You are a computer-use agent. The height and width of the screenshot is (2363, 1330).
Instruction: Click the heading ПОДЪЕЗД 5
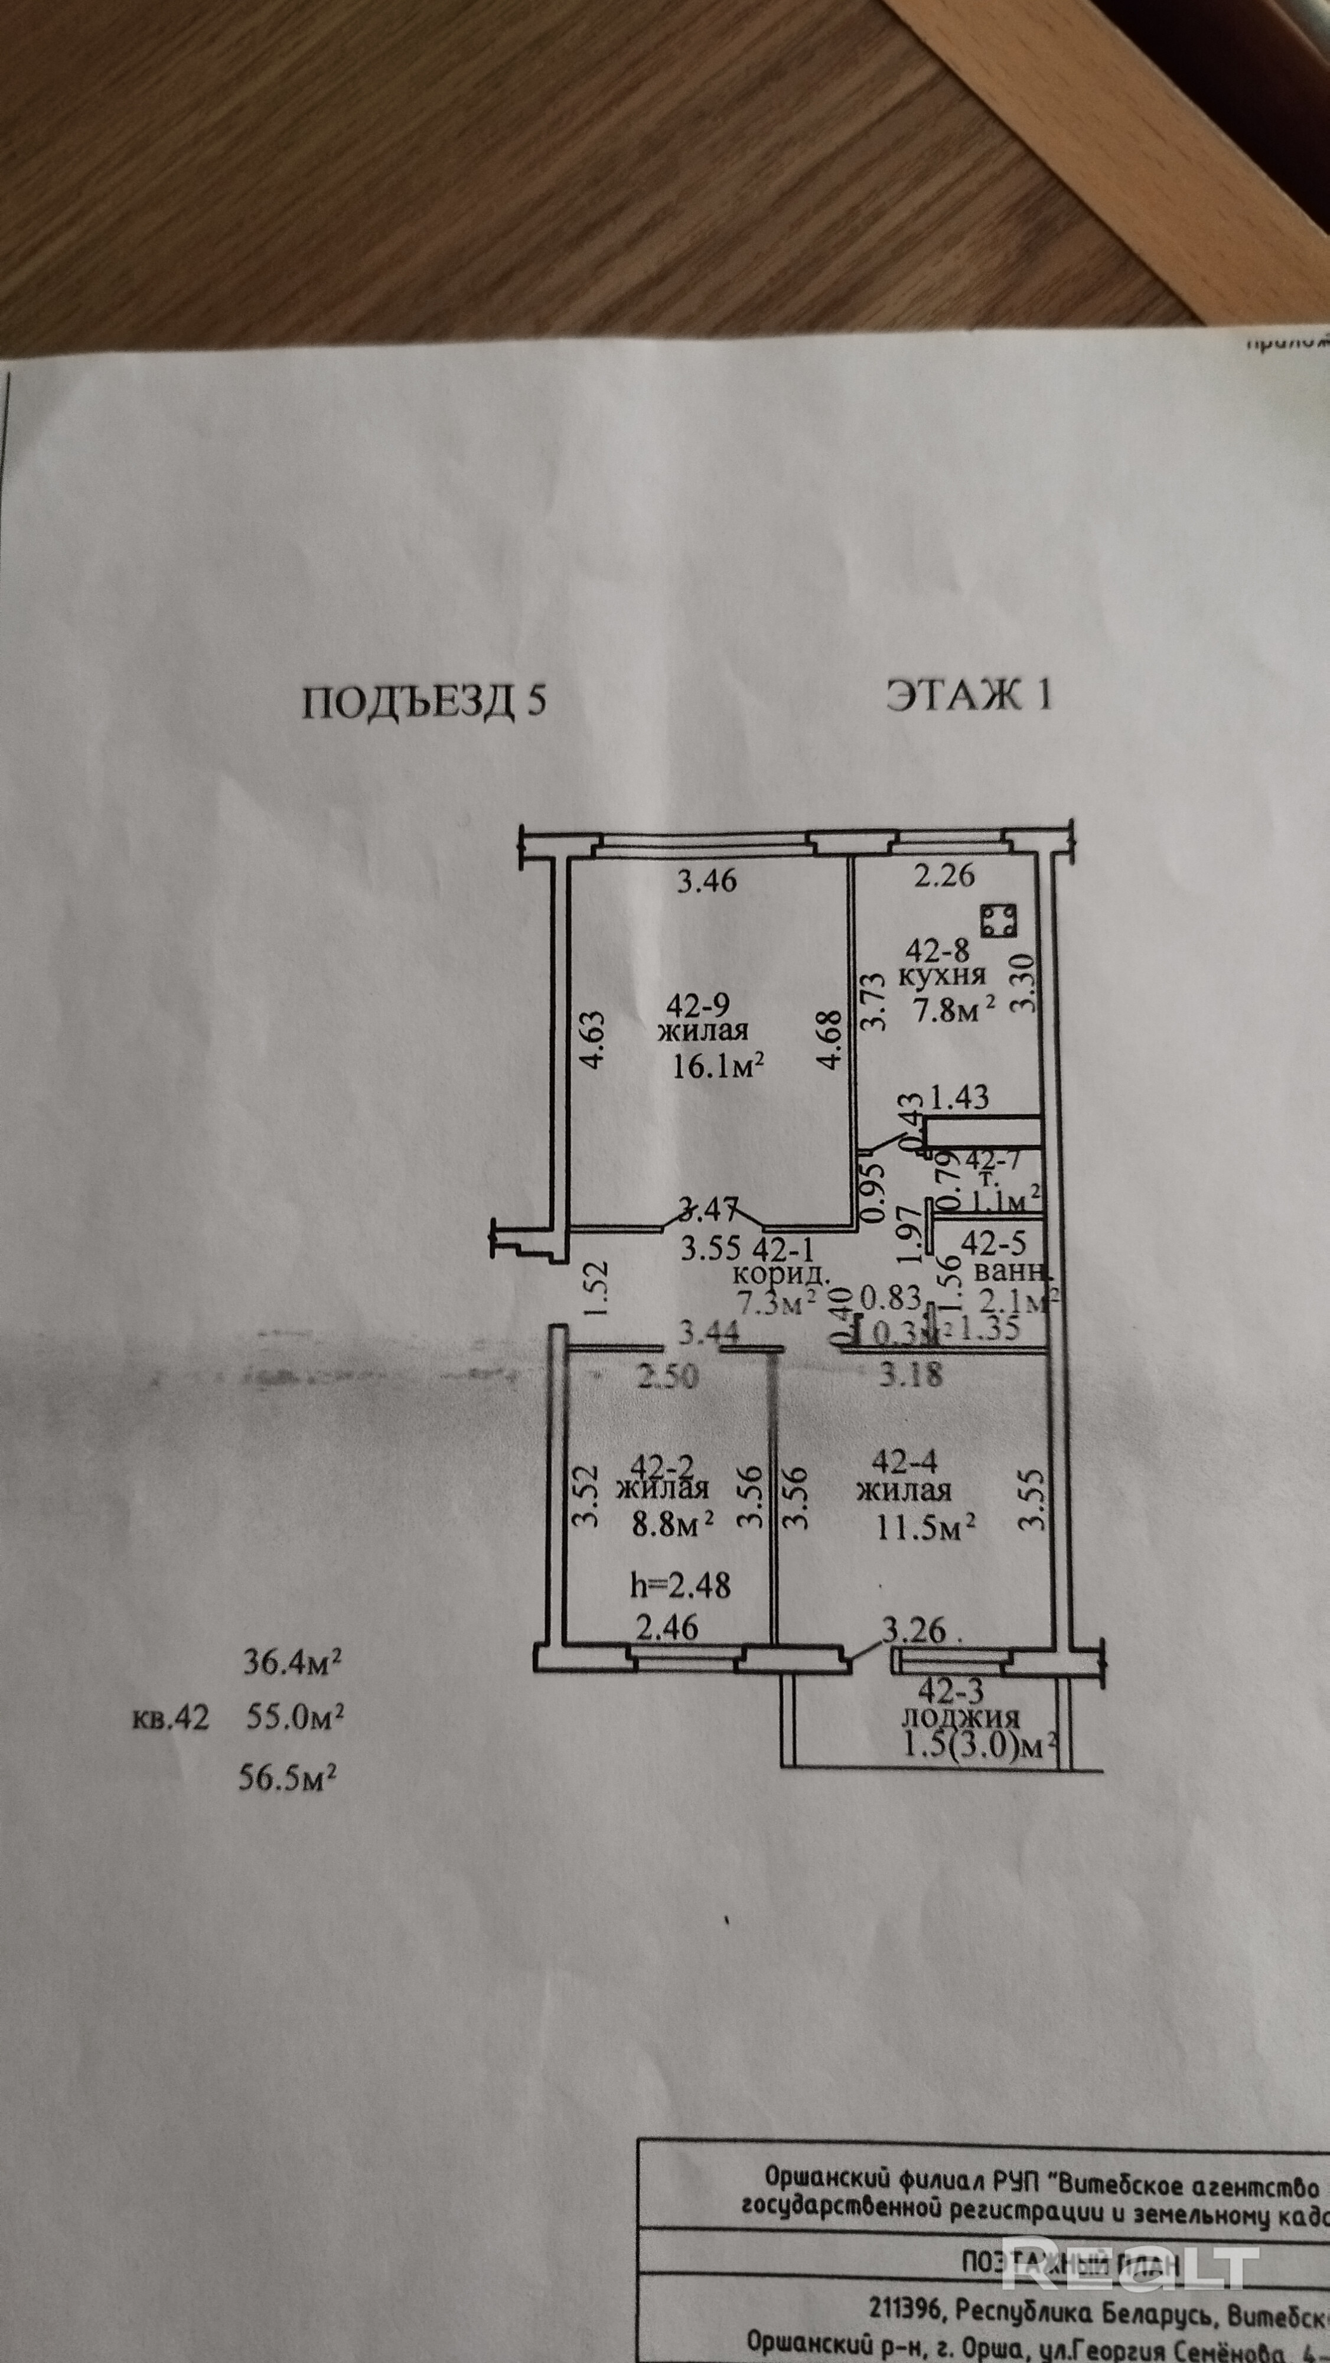coord(424,702)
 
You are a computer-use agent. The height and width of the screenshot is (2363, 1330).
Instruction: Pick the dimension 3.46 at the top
coord(706,881)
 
